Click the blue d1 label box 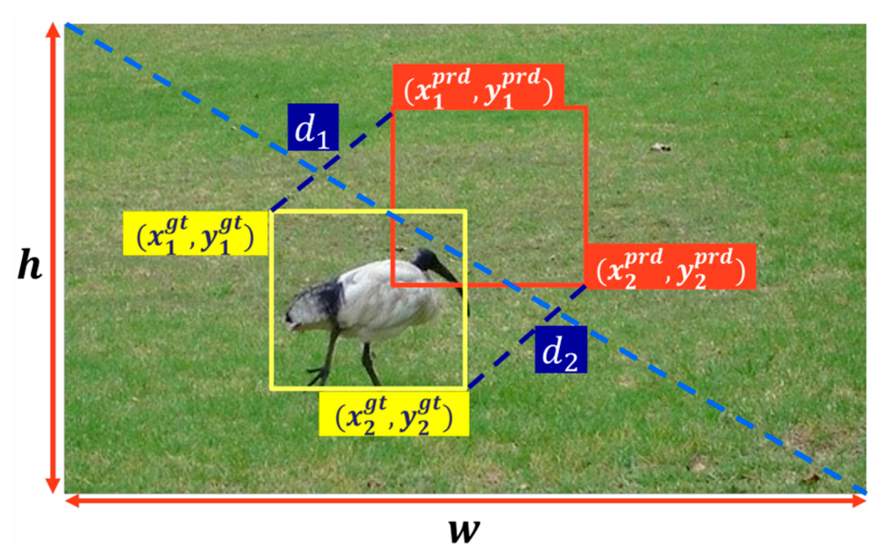coord(313,127)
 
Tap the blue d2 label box coord(561,350)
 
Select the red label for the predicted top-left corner coord(478,87)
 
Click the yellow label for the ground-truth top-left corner coord(195,234)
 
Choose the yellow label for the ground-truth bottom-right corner coord(394,414)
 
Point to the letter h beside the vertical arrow coord(30,265)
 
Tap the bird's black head coord(425,260)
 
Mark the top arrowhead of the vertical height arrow coord(53,30)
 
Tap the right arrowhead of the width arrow coord(859,501)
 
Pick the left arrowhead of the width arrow coord(72,501)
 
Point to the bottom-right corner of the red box coord(586,285)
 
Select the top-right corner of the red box coord(586,108)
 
